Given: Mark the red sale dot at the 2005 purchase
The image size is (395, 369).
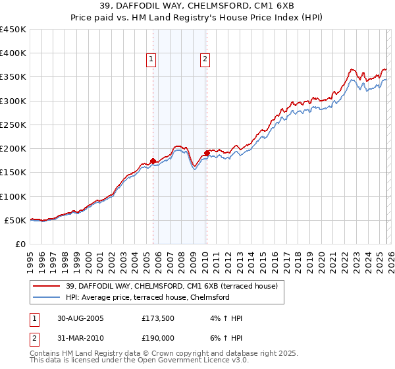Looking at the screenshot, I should click(153, 161).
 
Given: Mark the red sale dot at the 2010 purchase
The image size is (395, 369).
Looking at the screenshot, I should click(207, 153).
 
